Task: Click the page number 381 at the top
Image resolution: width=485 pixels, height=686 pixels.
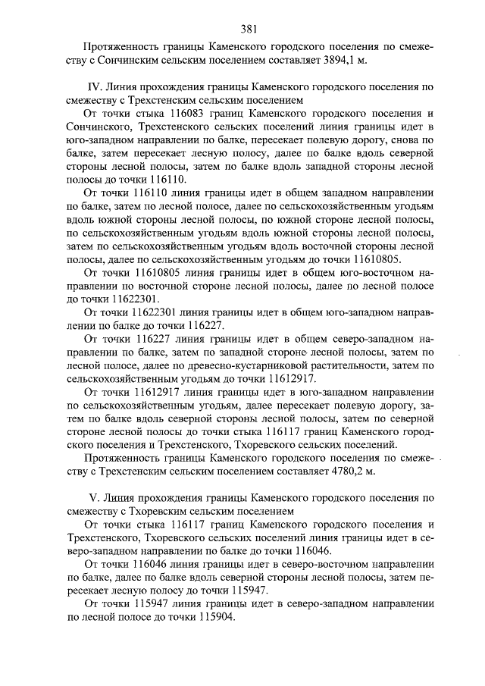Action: click(249, 30)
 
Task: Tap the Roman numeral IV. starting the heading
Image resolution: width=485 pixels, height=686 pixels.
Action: click(95, 87)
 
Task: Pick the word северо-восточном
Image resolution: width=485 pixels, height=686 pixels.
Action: click(320, 566)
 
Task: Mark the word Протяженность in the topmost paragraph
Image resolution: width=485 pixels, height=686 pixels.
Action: click(120, 45)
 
